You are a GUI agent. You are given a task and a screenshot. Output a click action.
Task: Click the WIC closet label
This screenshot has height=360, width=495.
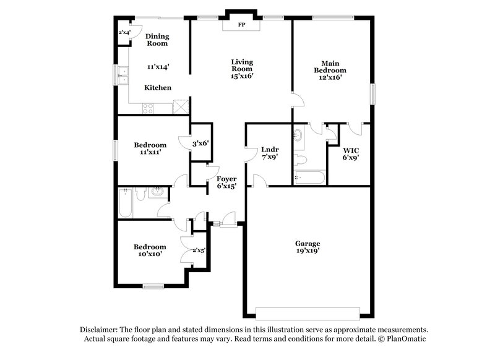point(351,150)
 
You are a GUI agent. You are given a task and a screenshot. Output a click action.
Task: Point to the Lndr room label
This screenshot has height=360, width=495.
point(269,149)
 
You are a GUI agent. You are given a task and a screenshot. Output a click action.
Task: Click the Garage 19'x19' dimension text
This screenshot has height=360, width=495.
point(307,252)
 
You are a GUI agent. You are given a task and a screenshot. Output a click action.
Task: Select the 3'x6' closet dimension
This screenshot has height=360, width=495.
point(200,144)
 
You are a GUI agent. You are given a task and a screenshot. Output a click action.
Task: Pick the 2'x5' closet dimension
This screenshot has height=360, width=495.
point(199,251)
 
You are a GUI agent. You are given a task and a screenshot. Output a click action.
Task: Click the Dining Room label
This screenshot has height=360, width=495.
point(157,40)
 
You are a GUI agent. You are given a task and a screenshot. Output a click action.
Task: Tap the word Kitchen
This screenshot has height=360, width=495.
point(158,88)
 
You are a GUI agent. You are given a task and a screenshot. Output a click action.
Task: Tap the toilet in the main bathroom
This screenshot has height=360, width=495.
point(302,160)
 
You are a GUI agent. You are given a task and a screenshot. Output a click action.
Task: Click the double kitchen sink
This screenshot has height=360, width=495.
point(123,75)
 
